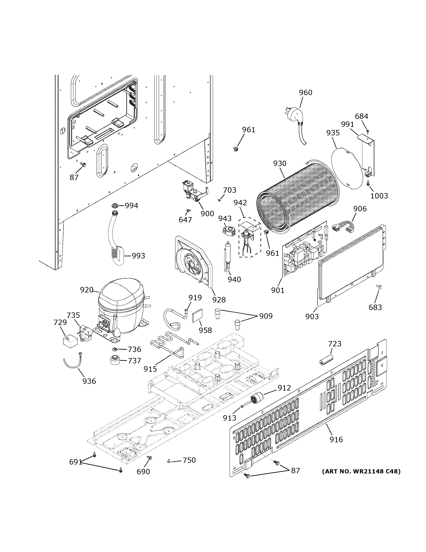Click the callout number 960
pyautogui.click(x=305, y=93)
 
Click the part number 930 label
pyautogui.click(x=280, y=164)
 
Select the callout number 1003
pyautogui.click(x=379, y=196)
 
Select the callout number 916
pyautogui.click(x=336, y=440)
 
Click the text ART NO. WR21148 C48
pyautogui.click(x=361, y=471)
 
